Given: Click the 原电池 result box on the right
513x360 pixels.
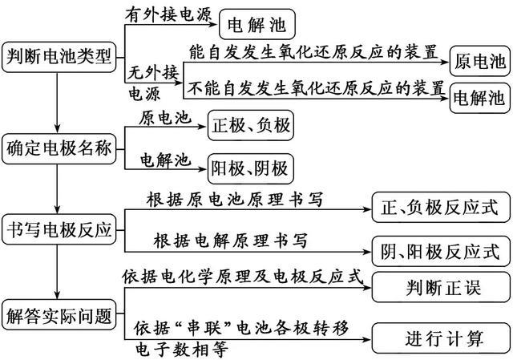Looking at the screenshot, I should pos(479,61).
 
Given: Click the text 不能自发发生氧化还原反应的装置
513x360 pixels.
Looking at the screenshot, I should pos(317,84).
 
